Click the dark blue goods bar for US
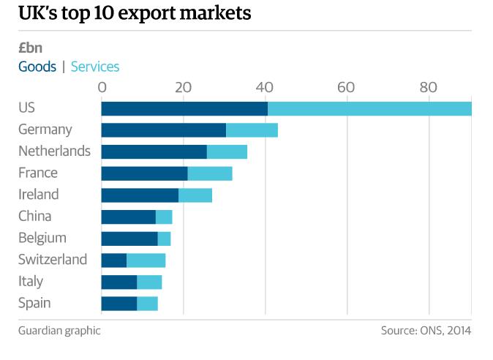click(x=184, y=108)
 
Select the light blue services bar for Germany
click(x=252, y=130)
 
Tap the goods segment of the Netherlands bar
click(x=154, y=151)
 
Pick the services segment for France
click(x=210, y=173)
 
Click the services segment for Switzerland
click(x=146, y=260)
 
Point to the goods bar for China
click(x=128, y=217)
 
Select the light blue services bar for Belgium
click(x=164, y=238)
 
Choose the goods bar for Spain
click(x=119, y=303)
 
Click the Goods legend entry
click(x=37, y=67)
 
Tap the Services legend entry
click(x=95, y=67)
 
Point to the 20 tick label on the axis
click(x=183, y=88)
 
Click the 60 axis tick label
click(x=346, y=88)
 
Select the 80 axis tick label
click(x=428, y=88)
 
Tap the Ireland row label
click(x=39, y=195)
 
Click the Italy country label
click(x=31, y=281)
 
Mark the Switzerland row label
click(x=53, y=260)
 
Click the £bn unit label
click(x=31, y=48)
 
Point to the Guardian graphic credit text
click(x=59, y=330)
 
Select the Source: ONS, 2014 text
click(x=426, y=330)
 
